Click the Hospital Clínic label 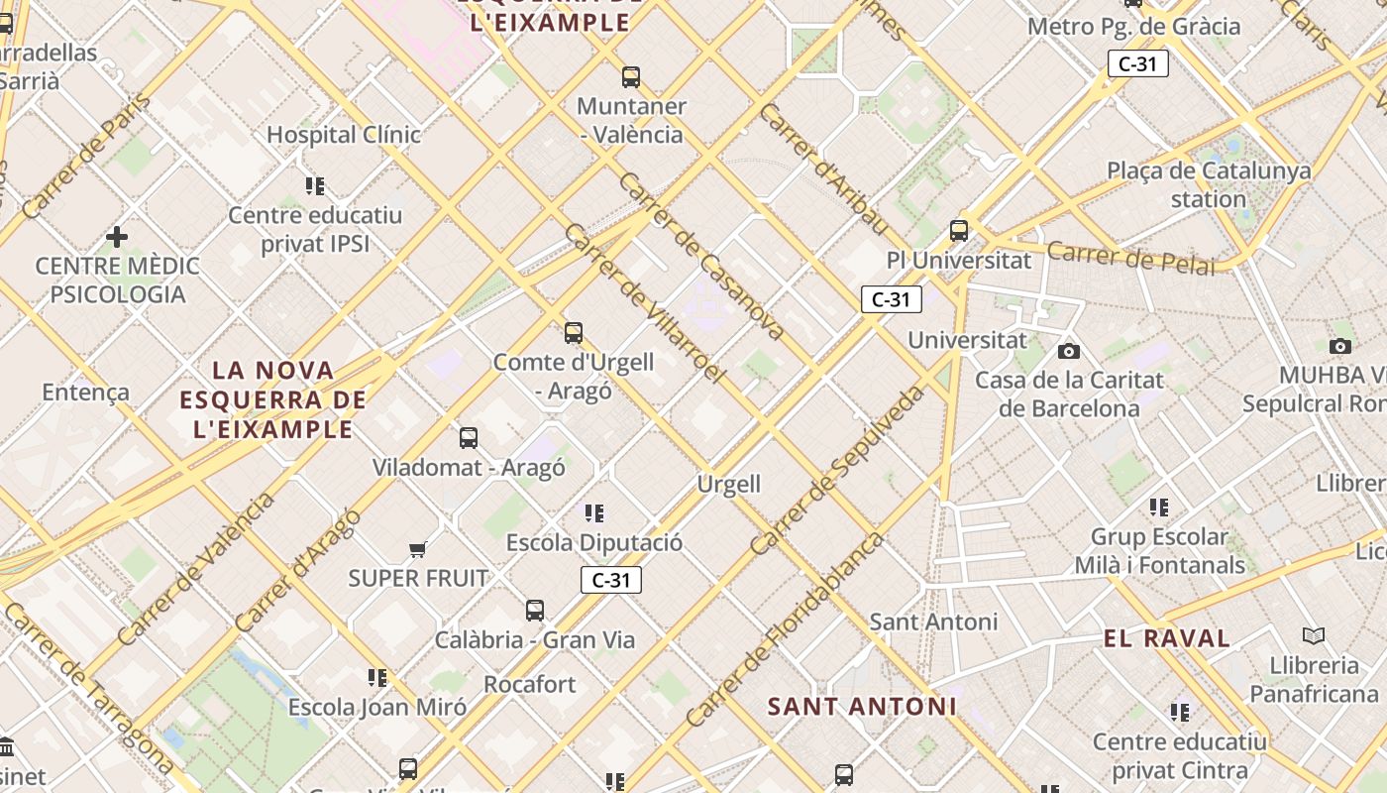click(344, 134)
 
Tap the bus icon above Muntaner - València click(631, 76)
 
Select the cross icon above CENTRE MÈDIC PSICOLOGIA click(117, 236)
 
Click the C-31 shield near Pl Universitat click(891, 299)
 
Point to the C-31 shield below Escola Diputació click(611, 580)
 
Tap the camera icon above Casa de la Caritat click(1068, 351)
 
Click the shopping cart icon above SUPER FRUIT click(418, 549)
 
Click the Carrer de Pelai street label click(1130, 257)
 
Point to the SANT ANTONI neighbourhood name click(862, 707)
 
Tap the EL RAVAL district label click(1167, 638)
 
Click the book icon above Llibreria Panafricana click(1314, 635)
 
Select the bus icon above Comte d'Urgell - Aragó click(574, 332)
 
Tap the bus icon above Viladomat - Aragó click(469, 437)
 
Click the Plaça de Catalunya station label click(1209, 184)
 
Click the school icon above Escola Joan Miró click(377, 678)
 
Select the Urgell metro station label click(729, 484)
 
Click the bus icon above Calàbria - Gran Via click(535, 610)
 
